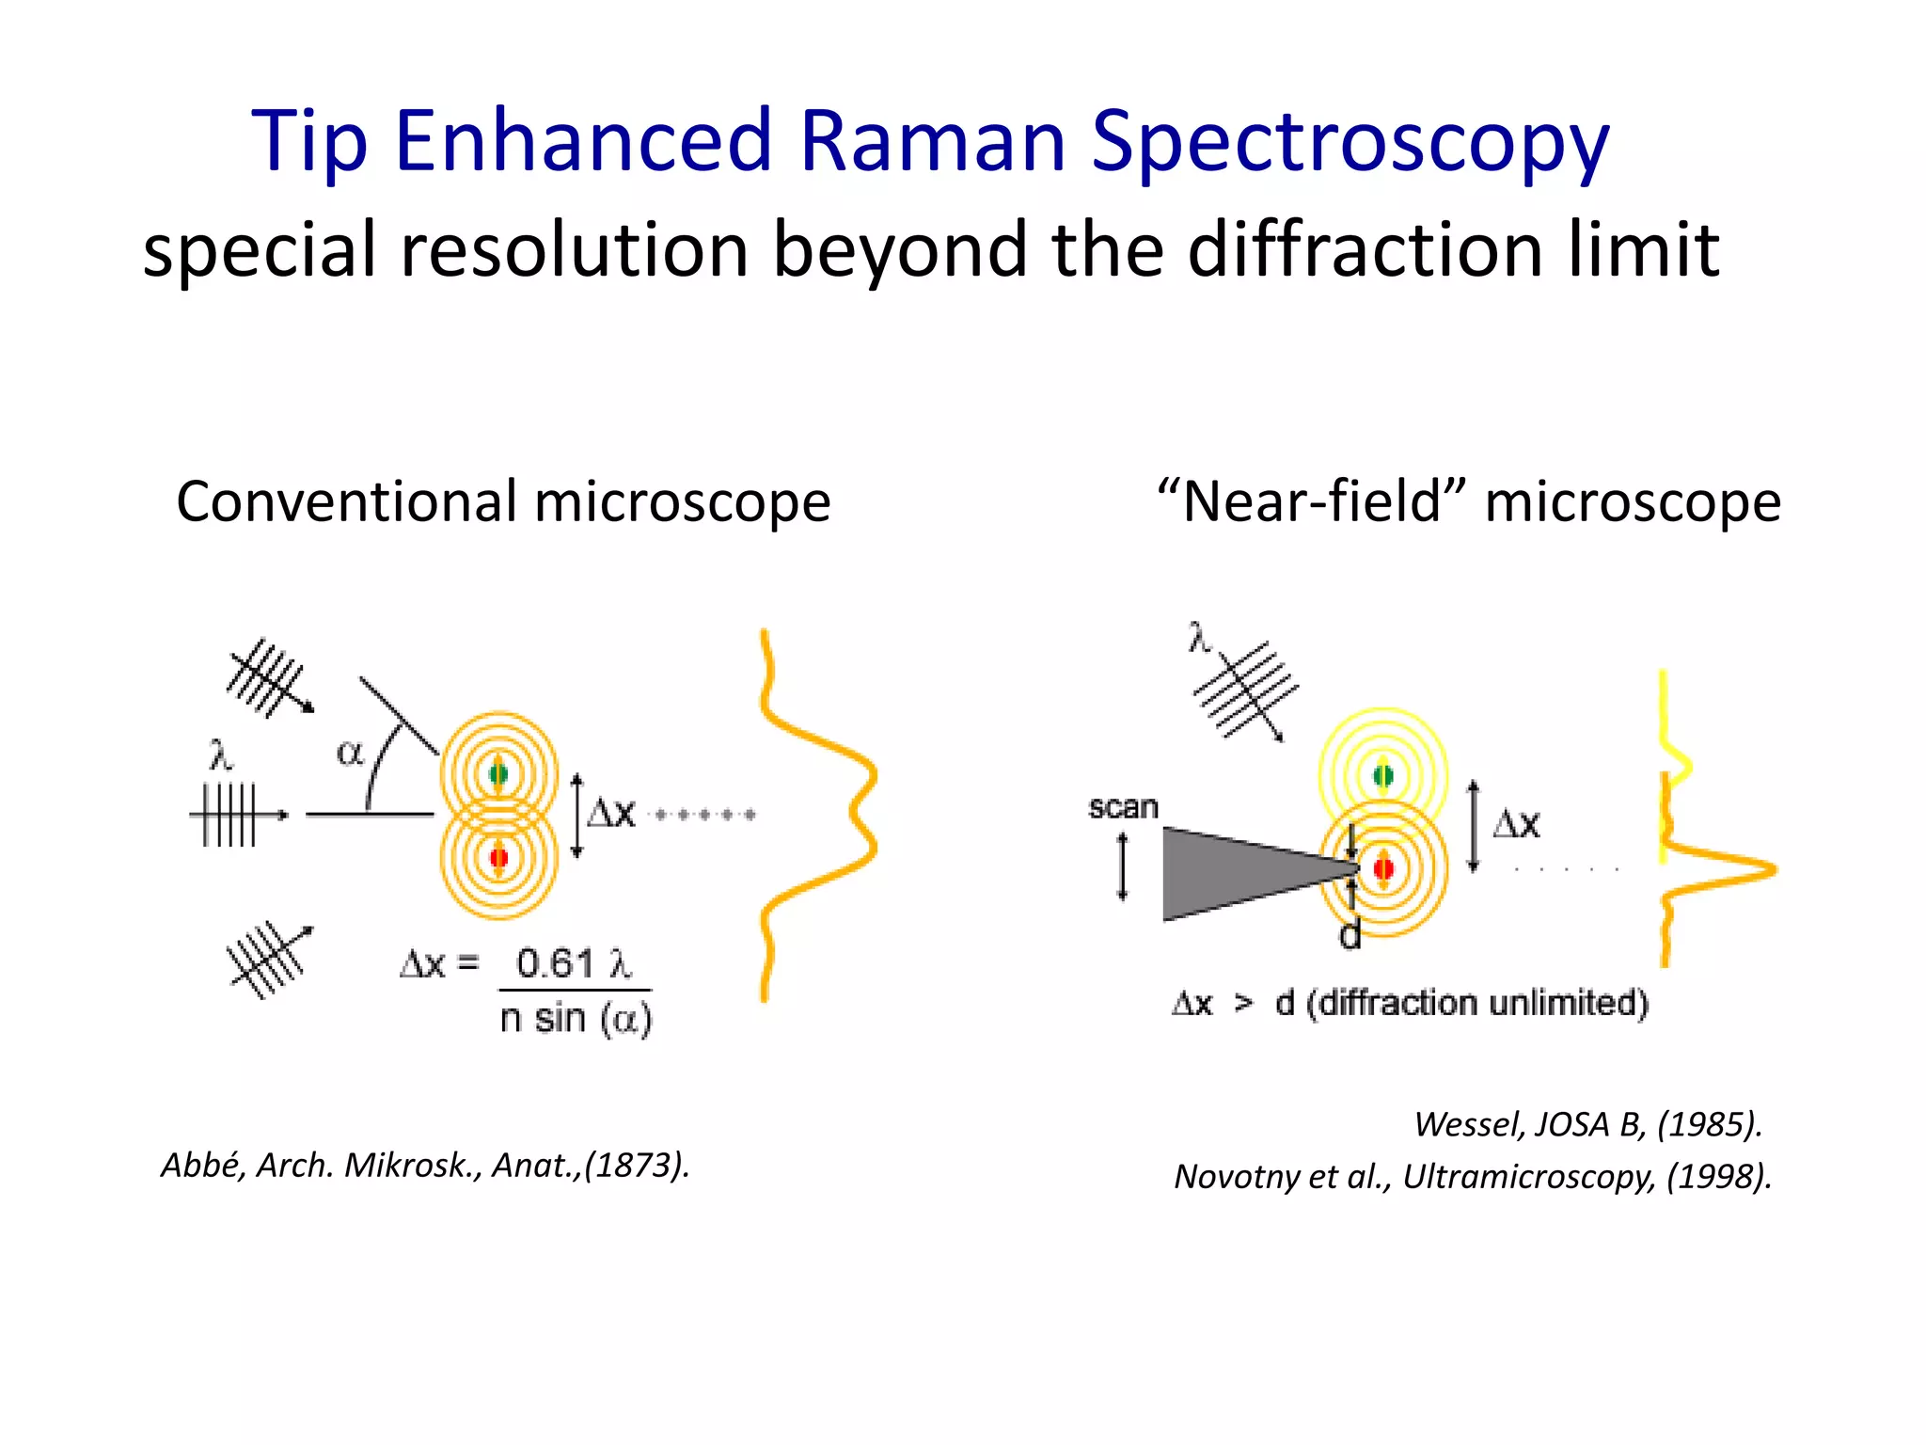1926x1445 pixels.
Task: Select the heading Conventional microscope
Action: coord(503,500)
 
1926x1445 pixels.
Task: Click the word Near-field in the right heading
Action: coord(1312,500)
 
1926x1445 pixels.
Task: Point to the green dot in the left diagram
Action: coord(498,774)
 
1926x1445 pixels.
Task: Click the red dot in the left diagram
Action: coord(498,857)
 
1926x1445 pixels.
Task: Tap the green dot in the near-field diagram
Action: coord(1382,776)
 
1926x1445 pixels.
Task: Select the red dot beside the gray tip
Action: coord(1383,867)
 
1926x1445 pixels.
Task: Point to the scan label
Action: coord(1123,807)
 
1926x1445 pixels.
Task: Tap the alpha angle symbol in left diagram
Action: coord(350,753)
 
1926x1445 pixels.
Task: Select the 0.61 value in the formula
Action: coord(556,963)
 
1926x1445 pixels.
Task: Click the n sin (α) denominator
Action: coord(576,1019)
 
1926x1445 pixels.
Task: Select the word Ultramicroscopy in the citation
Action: coord(1529,1176)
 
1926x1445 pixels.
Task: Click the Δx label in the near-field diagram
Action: coord(1516,824)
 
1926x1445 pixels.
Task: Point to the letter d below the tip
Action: coord(1350,935)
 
